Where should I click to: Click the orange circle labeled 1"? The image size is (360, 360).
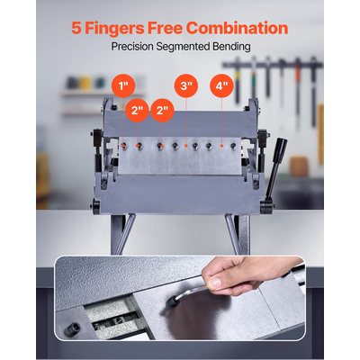point(123,86)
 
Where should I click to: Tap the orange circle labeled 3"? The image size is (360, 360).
point(186,86)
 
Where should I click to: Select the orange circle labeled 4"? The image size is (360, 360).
point(221,86)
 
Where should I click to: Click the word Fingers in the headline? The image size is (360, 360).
point(114,29)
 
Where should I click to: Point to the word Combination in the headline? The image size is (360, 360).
point(237,28)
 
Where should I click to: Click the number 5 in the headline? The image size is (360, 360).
point(76,29)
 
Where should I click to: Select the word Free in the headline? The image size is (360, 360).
point(165,28)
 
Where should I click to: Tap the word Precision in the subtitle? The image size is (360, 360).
point(132,47)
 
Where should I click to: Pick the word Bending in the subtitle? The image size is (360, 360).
point(231,47)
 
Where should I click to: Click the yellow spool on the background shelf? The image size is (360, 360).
point(85,83)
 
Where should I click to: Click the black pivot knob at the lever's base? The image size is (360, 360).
point(265,207)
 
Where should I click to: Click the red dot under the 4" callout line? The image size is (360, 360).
point(221,146)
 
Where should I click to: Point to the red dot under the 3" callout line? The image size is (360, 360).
point(186,146)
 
